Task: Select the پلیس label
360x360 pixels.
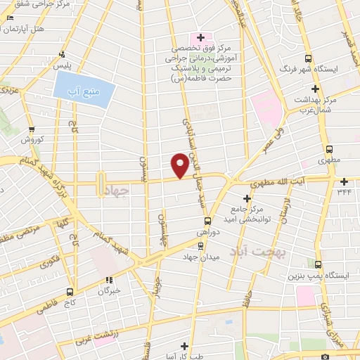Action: pos(65,65)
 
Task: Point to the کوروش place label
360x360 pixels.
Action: pos(32,140)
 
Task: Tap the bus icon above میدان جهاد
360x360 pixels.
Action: pos(201,245)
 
